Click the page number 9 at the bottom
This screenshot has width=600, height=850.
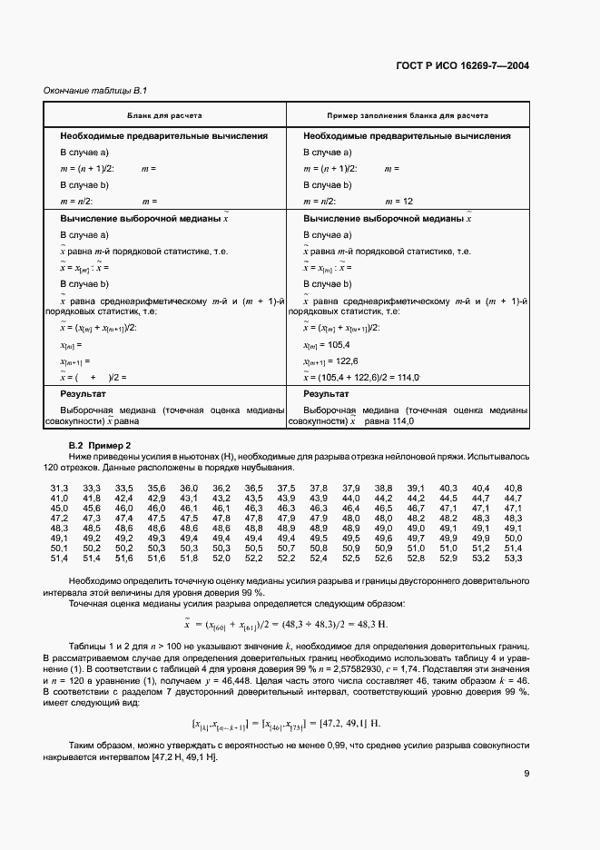tap(526, 774)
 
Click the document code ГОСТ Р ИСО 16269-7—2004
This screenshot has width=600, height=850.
tap(463, 65)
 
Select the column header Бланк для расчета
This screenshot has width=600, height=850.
tap(164, 116)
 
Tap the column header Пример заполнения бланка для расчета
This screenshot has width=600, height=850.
tap(408, 116)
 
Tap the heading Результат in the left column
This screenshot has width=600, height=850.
tap(84, 394)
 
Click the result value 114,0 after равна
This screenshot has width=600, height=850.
tap(401, 421)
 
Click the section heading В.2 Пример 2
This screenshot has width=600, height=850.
tap(101, 445)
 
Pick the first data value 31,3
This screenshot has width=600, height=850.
tap(59, 489)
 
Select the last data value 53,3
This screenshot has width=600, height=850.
tap(513, 558)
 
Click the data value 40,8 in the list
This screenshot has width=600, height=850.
tap(513, 489)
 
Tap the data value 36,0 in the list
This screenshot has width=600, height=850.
tap(189, 489)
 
